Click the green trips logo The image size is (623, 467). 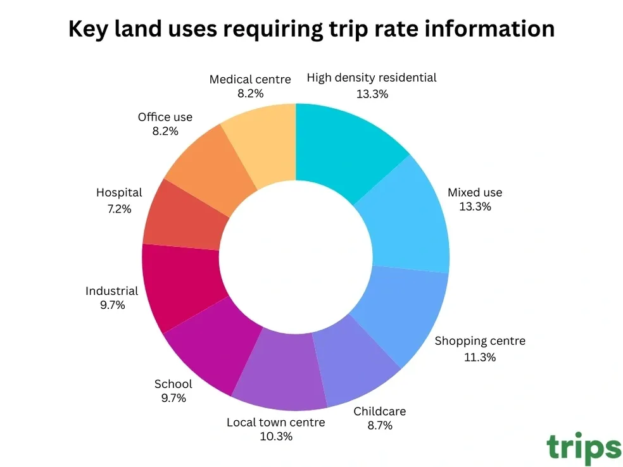click(x=583, y=448)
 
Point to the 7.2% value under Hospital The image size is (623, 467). click(x=119, y=208)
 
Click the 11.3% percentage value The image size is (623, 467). click(x=479, y=357)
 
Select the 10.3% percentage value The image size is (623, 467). click(x=275, y=436)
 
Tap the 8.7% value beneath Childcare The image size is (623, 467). click(x=380, y=425)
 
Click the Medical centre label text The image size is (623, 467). click(x=250, y=79)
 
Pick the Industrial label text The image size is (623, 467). click(x=111, y=291)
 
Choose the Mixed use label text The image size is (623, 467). click(x=474, y=192)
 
